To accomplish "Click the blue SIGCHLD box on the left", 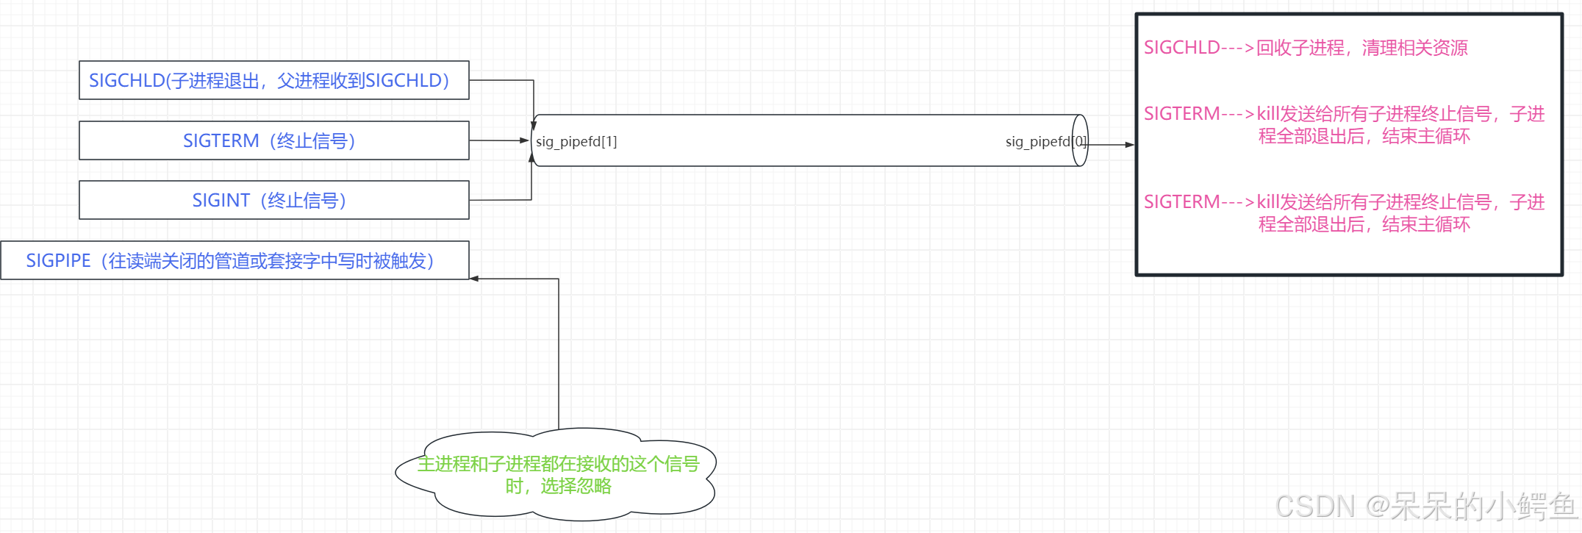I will pyautogui.click(x=273, y=80).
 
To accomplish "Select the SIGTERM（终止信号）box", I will pyautogui.click(x=273, y=140).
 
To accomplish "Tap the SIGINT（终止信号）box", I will pyautogui.click(x=273, y=200).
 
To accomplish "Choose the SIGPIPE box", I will pyautogui.click(x=234, y=260).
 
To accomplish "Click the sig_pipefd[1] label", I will pyautogui.click(x=576, y=142).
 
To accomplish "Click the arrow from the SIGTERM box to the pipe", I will pyautogui.click(x=498, y=140).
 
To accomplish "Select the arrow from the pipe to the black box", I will pyautogui.click(x=1111, y=145).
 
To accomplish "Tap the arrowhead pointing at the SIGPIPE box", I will pyautogui.click(x=475, y=279).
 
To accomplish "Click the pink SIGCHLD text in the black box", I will pyautogui.click(x=1181, y=48).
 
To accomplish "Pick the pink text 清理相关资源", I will pyautogui.click(x=1414, y=48).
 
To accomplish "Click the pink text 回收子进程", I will pyautogui.click(x=1300, y=48).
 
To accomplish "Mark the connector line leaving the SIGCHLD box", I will pyautogui.click(x=501, y=80).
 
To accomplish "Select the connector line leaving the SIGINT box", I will pyautogui.click(x=500, y=199).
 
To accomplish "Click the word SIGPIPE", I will pyautogui.click(x=58, y=261).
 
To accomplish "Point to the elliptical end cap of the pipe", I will pyautogui.click(x=1080, y=140).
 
